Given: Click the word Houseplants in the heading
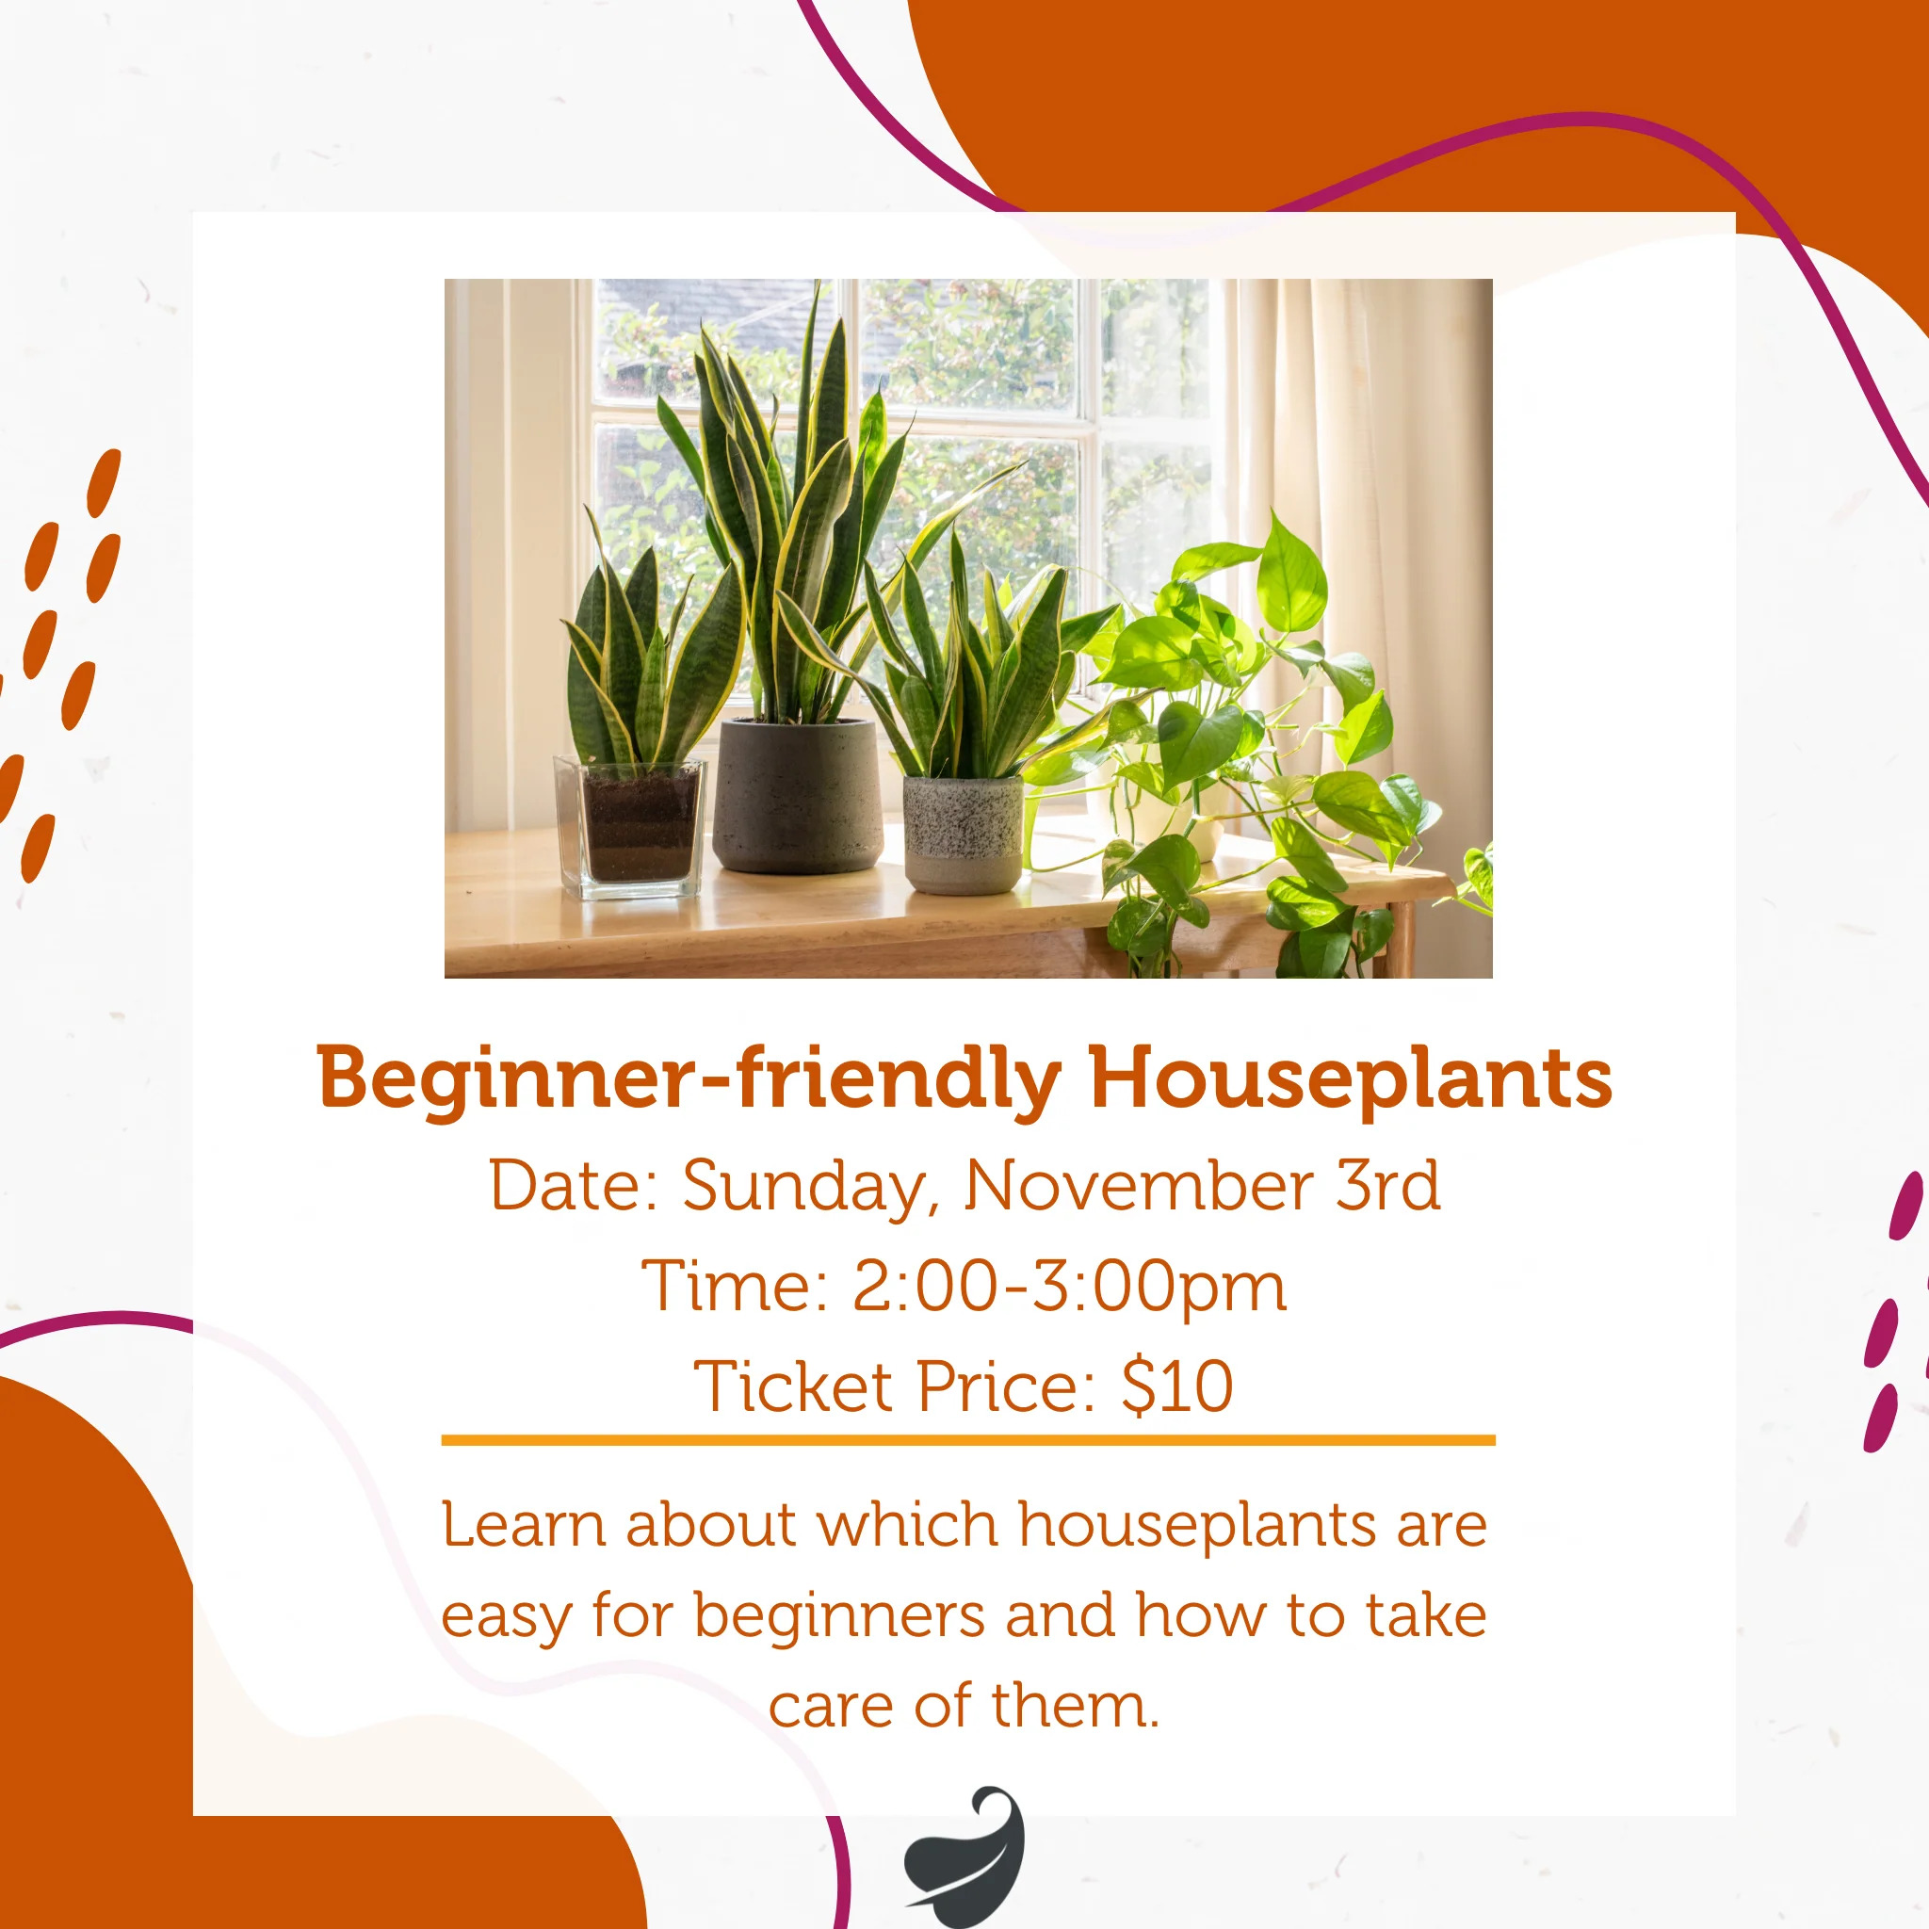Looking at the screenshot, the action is (x=1351, y=1078).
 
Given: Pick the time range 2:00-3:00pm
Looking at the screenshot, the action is (x=1069, y=1288).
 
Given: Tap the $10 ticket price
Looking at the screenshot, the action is (x=1177, y=1386).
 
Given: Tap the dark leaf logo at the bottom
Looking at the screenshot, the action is (x=965, y=1856).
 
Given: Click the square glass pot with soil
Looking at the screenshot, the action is (x=629, y=828).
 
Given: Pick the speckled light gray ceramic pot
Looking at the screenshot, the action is (x=963, y=835).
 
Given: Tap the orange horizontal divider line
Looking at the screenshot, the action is (x=968, y=1440).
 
